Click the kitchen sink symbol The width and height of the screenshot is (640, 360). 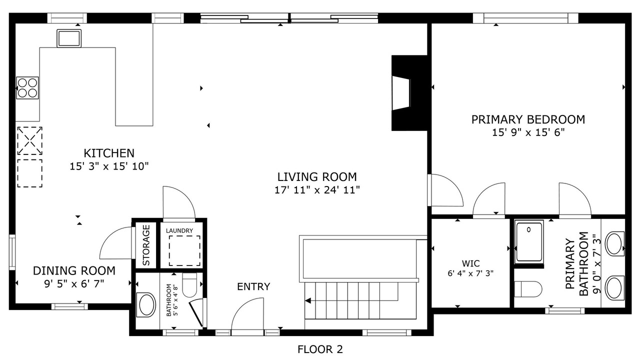[x=69, y=38]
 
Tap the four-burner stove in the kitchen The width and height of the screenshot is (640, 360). [x=27, y=88]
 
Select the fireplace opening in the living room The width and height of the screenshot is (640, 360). [x=401, y=93]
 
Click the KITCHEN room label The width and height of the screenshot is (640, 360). [x=109, y=153]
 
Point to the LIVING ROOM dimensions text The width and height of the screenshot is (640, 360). [x=317, y=190]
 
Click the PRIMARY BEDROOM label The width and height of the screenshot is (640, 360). [x=528, y=119]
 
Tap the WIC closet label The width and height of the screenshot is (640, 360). [x=470, y=263]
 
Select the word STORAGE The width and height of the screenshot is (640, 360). [x=146, y=245]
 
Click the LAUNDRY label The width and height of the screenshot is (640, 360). [x=179, y=230]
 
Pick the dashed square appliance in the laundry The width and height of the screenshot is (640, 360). [x=184, y=251]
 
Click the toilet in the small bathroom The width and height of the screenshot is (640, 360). [x=189, y=285]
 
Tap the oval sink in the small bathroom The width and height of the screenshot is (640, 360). [x=146, y=304]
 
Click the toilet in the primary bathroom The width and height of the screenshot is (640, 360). [x=528, y=289]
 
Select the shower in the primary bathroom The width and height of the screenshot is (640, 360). [x=529, y=242]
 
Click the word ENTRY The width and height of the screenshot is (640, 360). [x=253, y=286]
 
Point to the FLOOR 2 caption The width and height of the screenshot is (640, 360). [x=320, y=349]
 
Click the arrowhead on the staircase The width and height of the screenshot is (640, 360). [x=307, y=300]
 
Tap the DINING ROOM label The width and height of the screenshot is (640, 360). [x=74, y=271]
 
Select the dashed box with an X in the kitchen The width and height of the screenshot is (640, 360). [x=29, y=141]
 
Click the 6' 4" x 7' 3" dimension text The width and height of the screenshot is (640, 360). [x=470, y=273]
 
